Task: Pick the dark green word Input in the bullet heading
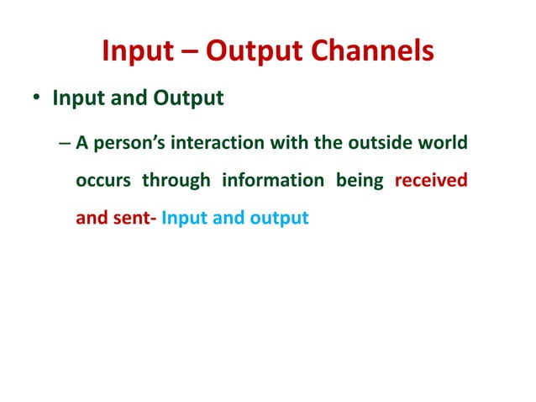[x=76, y=99]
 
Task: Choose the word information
[x=272, y=181]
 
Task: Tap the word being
[x=359, y=181]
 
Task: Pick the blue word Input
[x=183, y=219]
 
